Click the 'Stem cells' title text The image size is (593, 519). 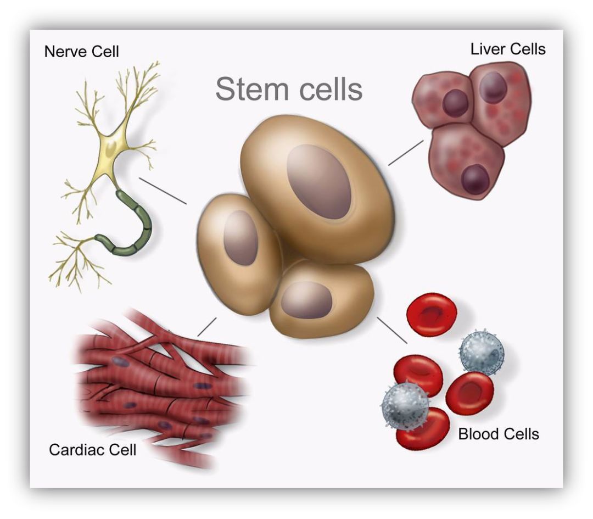click(289, 90)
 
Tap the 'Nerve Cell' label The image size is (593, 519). click(82, 52)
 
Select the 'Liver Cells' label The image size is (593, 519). click(508, 49)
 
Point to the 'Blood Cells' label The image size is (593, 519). click(499, 434)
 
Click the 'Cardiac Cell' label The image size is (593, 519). click(93, 450)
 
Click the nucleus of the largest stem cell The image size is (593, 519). click(319, 182)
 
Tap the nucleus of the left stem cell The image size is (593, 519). click(241, 238)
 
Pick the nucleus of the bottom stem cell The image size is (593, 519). click(307, 300)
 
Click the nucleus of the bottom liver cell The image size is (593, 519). click(475, 180)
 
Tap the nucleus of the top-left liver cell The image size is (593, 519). click(455, 103)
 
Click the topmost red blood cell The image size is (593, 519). click(432, 314)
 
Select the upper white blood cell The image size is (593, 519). click(482, 353)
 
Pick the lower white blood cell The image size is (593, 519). click(406, 405)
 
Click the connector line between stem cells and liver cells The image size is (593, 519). click(406, 153)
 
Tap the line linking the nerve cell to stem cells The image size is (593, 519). click(163, 191)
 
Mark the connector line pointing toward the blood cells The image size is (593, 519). click(392, 330)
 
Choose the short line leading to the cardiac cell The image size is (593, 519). click(207, 327)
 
